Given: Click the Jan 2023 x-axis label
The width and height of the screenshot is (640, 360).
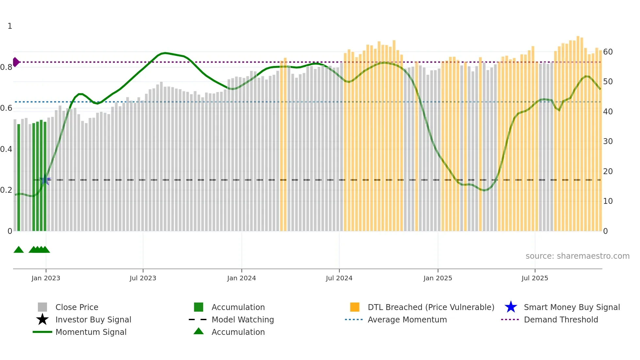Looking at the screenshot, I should point(46,278).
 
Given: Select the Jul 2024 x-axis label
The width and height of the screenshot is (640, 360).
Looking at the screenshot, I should point(339,278).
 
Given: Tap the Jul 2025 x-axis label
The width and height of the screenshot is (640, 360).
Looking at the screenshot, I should point(535,278).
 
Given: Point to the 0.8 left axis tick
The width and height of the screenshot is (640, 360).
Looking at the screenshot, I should point(6,67).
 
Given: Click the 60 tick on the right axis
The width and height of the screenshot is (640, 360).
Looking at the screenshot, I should point(608,52).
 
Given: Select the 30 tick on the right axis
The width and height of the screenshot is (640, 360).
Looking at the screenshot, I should point(608,141).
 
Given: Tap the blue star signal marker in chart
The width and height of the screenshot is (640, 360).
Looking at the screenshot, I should point(45,180).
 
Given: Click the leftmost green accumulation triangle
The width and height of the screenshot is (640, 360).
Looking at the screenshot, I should point(19,250).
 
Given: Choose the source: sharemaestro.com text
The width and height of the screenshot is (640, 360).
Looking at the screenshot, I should point(577,256).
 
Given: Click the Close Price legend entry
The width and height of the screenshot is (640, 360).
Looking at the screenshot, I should point(77,307).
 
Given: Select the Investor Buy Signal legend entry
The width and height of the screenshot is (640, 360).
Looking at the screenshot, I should point(93,320).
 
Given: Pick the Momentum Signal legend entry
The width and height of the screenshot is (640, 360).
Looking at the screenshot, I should point(91,332).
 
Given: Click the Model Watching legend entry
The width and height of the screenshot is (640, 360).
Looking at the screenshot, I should point(243,320).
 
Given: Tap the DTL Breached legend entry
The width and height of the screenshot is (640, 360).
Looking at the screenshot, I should point(431,307).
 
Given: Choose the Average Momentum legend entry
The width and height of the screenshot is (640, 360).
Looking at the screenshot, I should point(407,320).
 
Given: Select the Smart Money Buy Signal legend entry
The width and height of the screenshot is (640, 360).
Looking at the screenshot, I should point(572,307).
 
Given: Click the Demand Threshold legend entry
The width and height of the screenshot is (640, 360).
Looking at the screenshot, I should point(561,320).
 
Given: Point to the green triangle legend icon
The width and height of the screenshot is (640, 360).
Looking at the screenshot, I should point(199,331).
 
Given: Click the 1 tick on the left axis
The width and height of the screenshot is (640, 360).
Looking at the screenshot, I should point(10,26).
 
